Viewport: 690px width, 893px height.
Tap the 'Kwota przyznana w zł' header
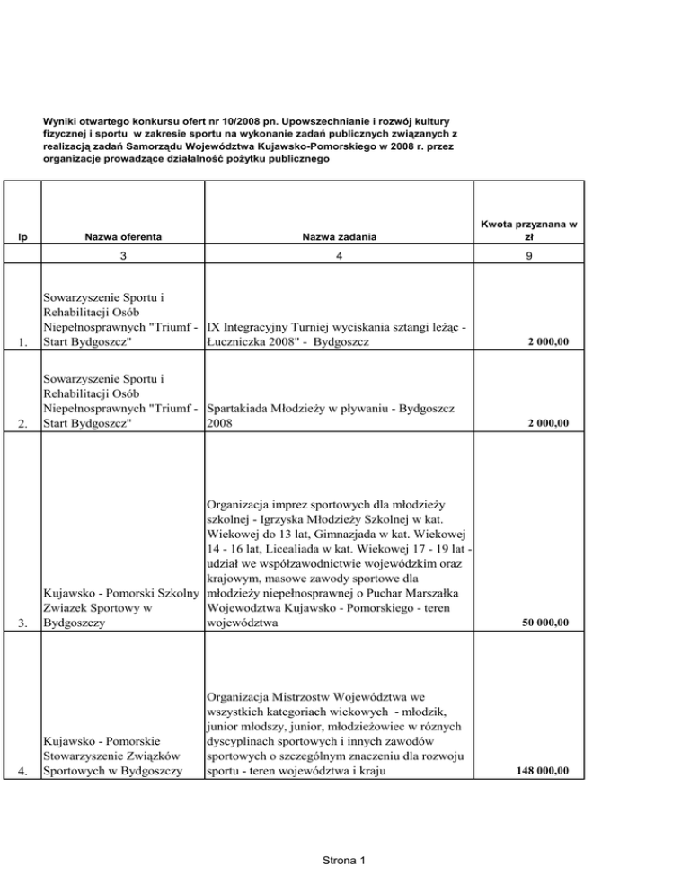pyautogui.click(x=528, y=229)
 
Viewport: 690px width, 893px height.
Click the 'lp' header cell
pyautogui.click(x=22, y=236)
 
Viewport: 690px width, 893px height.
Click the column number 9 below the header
pyautogui.click(x=528, y=267)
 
